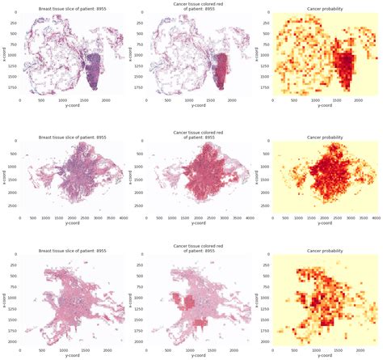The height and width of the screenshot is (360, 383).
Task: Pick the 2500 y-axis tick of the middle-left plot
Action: (11, 206)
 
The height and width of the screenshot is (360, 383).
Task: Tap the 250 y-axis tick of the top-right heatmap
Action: (265, 25)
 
